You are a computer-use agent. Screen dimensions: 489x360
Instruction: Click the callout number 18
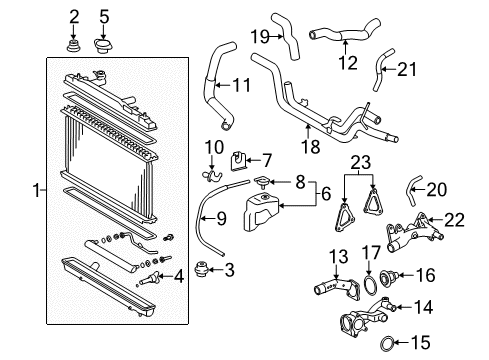(x=310, y=146)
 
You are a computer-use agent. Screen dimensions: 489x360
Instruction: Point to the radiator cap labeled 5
(x=103, y=46)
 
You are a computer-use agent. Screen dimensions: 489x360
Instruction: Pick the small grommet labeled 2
(x=72, y=46)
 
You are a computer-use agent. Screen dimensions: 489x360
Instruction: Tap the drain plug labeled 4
(x=149, y=278)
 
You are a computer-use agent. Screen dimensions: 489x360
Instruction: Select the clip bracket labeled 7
(x=238, y=160)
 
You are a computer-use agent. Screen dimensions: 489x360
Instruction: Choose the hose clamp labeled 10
(x=212, y=175)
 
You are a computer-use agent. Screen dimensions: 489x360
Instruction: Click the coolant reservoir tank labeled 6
(x=262, y=212)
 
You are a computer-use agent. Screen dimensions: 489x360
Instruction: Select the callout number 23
(x=361, y=162)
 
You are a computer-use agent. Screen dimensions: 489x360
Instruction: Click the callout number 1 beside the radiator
(x=36, y=191)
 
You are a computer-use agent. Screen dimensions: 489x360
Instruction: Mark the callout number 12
(x=348, y=63)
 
